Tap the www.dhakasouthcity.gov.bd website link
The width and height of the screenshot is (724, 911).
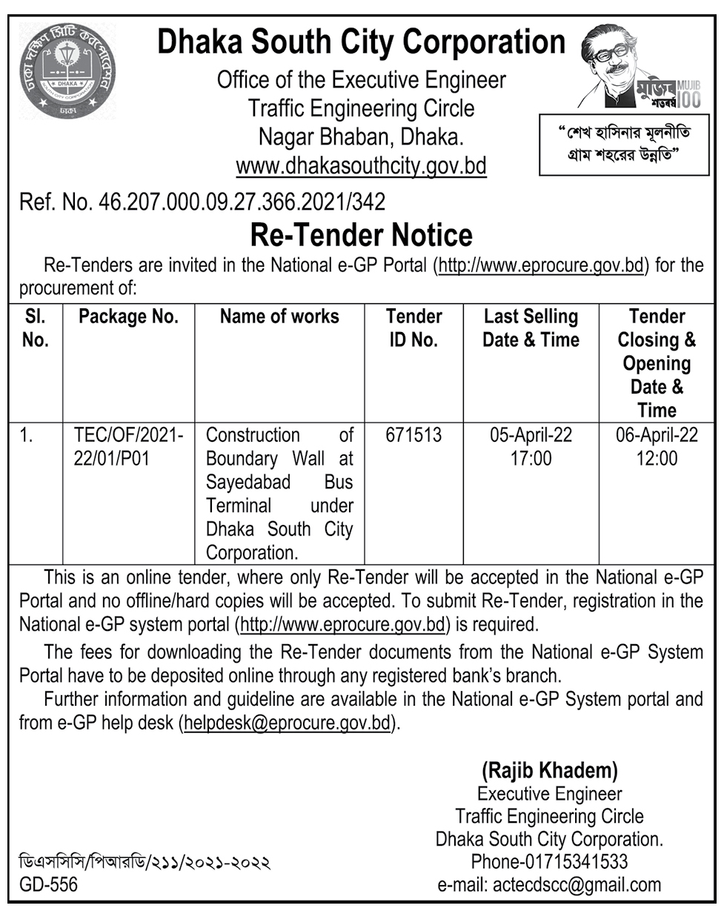[x=361, y=165]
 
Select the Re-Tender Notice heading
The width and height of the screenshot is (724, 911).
[x=362, y=235]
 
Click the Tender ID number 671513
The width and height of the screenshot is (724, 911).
[x=414, y=435]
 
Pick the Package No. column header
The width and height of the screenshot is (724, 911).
[x=128, y=317]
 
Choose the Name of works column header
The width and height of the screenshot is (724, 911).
[x=279, y=317]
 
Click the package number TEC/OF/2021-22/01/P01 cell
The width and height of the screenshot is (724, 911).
[x=128, y=446]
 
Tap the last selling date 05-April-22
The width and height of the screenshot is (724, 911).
[x=531, y=435]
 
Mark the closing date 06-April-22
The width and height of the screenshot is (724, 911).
[x=657, y=435]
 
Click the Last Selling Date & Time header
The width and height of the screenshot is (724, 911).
[x=531, y=328]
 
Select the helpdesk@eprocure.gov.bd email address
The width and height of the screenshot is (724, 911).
[x=287, y=722]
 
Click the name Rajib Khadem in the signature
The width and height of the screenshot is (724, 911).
[x=549, y=770]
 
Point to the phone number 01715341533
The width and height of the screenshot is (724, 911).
[x=575, y=861]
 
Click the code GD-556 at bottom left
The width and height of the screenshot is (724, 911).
[x=48, y=884]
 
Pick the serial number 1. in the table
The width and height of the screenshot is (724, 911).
[x=27, y=436]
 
